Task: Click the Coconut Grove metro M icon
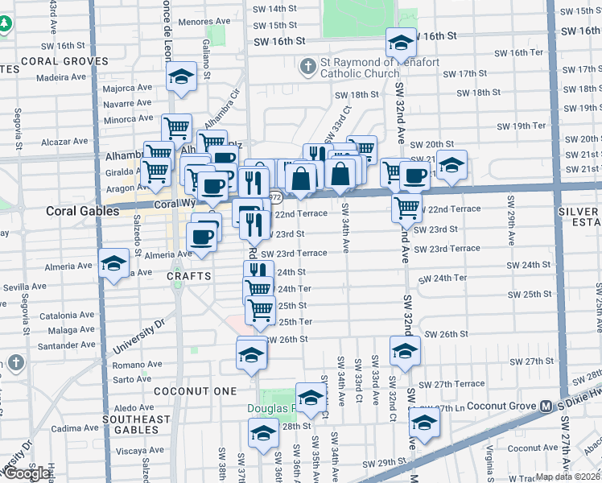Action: [x=545, y=406]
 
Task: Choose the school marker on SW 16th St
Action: [x=400, y=41]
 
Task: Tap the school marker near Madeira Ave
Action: [x=181, y=76]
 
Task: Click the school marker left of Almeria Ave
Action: [x=113, y=262]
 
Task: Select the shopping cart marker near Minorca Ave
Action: [x=176, y=126]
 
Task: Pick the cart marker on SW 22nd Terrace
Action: [x=407, y=207]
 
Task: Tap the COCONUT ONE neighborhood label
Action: [x=197, y=391]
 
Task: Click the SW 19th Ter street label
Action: [x=521, y=126]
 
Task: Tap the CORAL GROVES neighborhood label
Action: [x=53, y=60]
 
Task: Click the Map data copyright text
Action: [x=567, y=477]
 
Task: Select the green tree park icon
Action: [x=6, y=24]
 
